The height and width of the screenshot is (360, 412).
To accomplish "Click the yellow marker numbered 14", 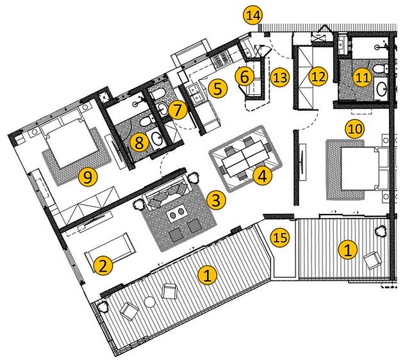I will point(252,14).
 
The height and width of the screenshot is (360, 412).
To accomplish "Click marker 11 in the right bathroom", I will point(244,76).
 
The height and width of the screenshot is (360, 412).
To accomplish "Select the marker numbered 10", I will point(355,128).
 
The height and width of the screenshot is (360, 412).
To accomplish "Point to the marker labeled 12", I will point(318,77).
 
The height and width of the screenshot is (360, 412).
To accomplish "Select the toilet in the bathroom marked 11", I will point(381,69).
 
